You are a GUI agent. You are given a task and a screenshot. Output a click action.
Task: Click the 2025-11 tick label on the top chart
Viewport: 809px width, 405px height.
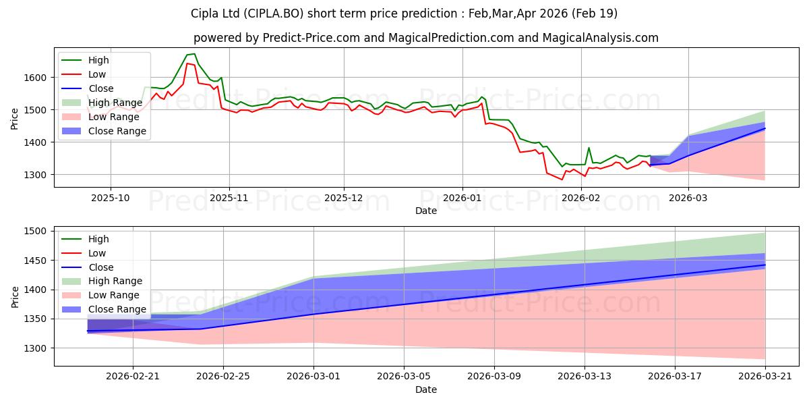click(x=229, y=198)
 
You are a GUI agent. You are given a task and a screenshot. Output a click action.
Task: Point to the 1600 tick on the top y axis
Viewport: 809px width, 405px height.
click(x=35, y=78)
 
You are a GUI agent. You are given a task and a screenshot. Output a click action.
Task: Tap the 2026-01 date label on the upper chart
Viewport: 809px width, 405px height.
click(x=462, y=198)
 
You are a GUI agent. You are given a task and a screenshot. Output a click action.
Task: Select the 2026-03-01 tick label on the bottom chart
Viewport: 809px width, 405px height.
click(x=313, y=377)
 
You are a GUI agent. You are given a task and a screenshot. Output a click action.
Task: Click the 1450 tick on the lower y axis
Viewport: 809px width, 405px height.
click(x=35, y=261)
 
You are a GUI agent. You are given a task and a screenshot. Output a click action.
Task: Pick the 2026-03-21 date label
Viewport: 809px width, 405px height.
click(x=765, y=377)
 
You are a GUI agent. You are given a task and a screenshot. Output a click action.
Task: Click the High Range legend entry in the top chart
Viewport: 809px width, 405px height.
click(x=102, y=103)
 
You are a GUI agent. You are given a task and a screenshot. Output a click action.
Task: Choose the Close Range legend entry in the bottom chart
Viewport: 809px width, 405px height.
click(x=104, y=309)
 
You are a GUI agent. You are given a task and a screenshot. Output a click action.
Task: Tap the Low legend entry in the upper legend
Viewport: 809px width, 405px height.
click(x=84, y=74)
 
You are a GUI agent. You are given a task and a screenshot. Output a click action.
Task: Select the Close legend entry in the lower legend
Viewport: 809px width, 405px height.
click(x=88, y=267)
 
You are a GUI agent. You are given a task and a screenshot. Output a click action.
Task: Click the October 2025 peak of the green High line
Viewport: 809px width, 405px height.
click(x=194, y=54)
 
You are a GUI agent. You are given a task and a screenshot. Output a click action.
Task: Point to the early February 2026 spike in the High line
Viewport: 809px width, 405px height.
click(x=589, y=148)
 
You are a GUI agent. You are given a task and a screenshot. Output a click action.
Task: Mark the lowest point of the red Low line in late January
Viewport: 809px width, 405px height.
click(x=562, y=180)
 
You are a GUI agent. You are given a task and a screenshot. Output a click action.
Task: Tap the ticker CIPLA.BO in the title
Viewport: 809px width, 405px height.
click(x=274, y=13)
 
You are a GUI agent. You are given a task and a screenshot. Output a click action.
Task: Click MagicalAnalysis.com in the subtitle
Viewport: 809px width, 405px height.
click(x=600, y=38)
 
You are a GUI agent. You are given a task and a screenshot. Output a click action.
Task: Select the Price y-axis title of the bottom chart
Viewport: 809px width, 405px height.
click(x=15, y=297)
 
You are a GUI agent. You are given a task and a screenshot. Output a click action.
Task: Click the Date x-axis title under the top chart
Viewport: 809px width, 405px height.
click(x=426, y=211)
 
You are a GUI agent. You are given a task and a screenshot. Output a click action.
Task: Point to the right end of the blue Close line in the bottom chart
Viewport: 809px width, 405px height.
click(x=765, y=265)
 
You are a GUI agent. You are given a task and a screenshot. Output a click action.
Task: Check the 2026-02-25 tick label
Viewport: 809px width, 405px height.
click(x=223, y=377)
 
